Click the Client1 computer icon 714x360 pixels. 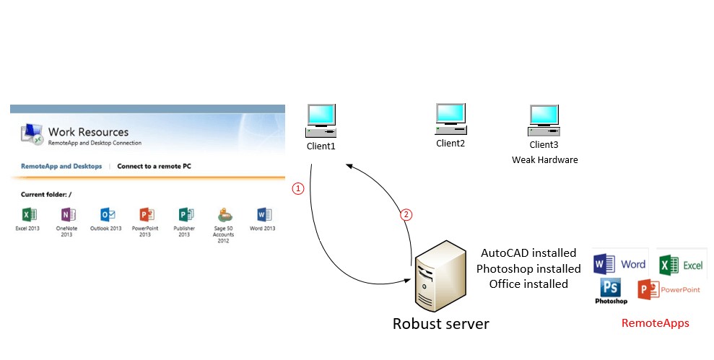321,120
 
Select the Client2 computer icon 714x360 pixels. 450,118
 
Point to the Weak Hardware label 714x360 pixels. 544,159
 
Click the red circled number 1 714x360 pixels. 297,188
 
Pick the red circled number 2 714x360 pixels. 406,214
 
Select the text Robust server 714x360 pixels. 440,324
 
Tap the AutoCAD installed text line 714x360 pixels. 528,253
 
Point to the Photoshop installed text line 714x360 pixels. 528,268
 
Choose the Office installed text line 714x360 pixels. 528,284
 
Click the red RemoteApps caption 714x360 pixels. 655,323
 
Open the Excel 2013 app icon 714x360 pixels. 28,214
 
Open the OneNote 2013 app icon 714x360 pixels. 67,214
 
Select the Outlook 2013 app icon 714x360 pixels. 106,214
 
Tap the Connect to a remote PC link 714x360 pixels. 154,166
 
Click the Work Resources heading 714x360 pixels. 88,132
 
